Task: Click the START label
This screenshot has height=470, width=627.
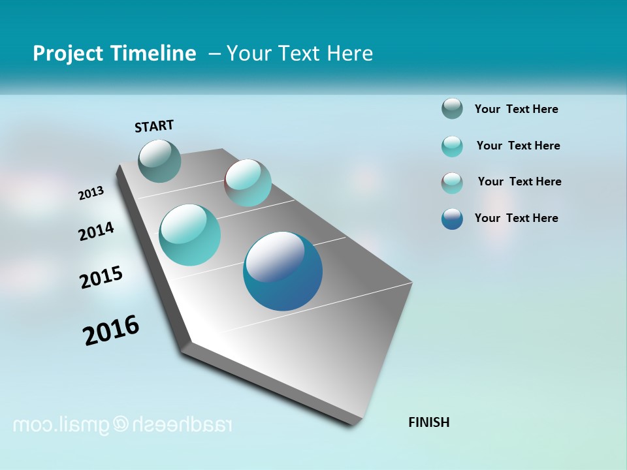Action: pos(154,126)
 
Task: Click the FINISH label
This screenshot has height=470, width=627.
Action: pos(428,422)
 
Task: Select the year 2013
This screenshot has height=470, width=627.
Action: pos(91,193)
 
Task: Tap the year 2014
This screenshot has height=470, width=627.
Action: pos(97,231)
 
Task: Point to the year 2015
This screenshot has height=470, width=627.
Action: pos(101,277)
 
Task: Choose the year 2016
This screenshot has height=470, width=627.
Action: pos(111,330)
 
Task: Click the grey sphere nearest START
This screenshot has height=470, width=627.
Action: pos(160,161)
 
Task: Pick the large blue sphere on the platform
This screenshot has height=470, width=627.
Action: pos(283,270)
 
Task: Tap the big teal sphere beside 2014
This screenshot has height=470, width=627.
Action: pos(190,235)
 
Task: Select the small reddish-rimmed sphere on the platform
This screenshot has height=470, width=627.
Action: pos(248,182)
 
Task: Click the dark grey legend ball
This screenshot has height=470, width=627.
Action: pos(452,108)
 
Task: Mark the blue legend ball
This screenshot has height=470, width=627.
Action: pos(452,219)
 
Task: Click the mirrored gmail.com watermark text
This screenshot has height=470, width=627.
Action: pos(123,425)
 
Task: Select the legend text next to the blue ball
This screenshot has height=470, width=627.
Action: pos(516,218)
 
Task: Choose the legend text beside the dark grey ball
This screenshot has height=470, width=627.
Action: pos(516,109)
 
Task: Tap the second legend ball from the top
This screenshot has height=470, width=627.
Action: pos(452,146)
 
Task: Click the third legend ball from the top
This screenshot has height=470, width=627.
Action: pos(452,183)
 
